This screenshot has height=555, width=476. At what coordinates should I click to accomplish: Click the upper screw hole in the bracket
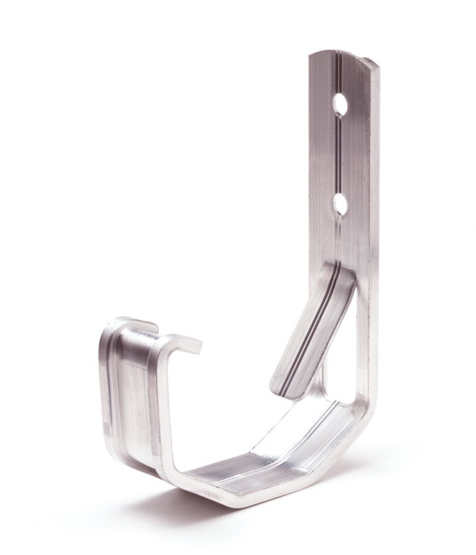pyautogui.click(x=340, y=105)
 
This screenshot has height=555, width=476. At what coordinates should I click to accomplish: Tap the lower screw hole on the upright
pyautogui.click(x=340, y=205)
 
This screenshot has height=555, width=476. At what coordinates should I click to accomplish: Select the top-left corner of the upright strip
pyautogui.click(x=311, y=55)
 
